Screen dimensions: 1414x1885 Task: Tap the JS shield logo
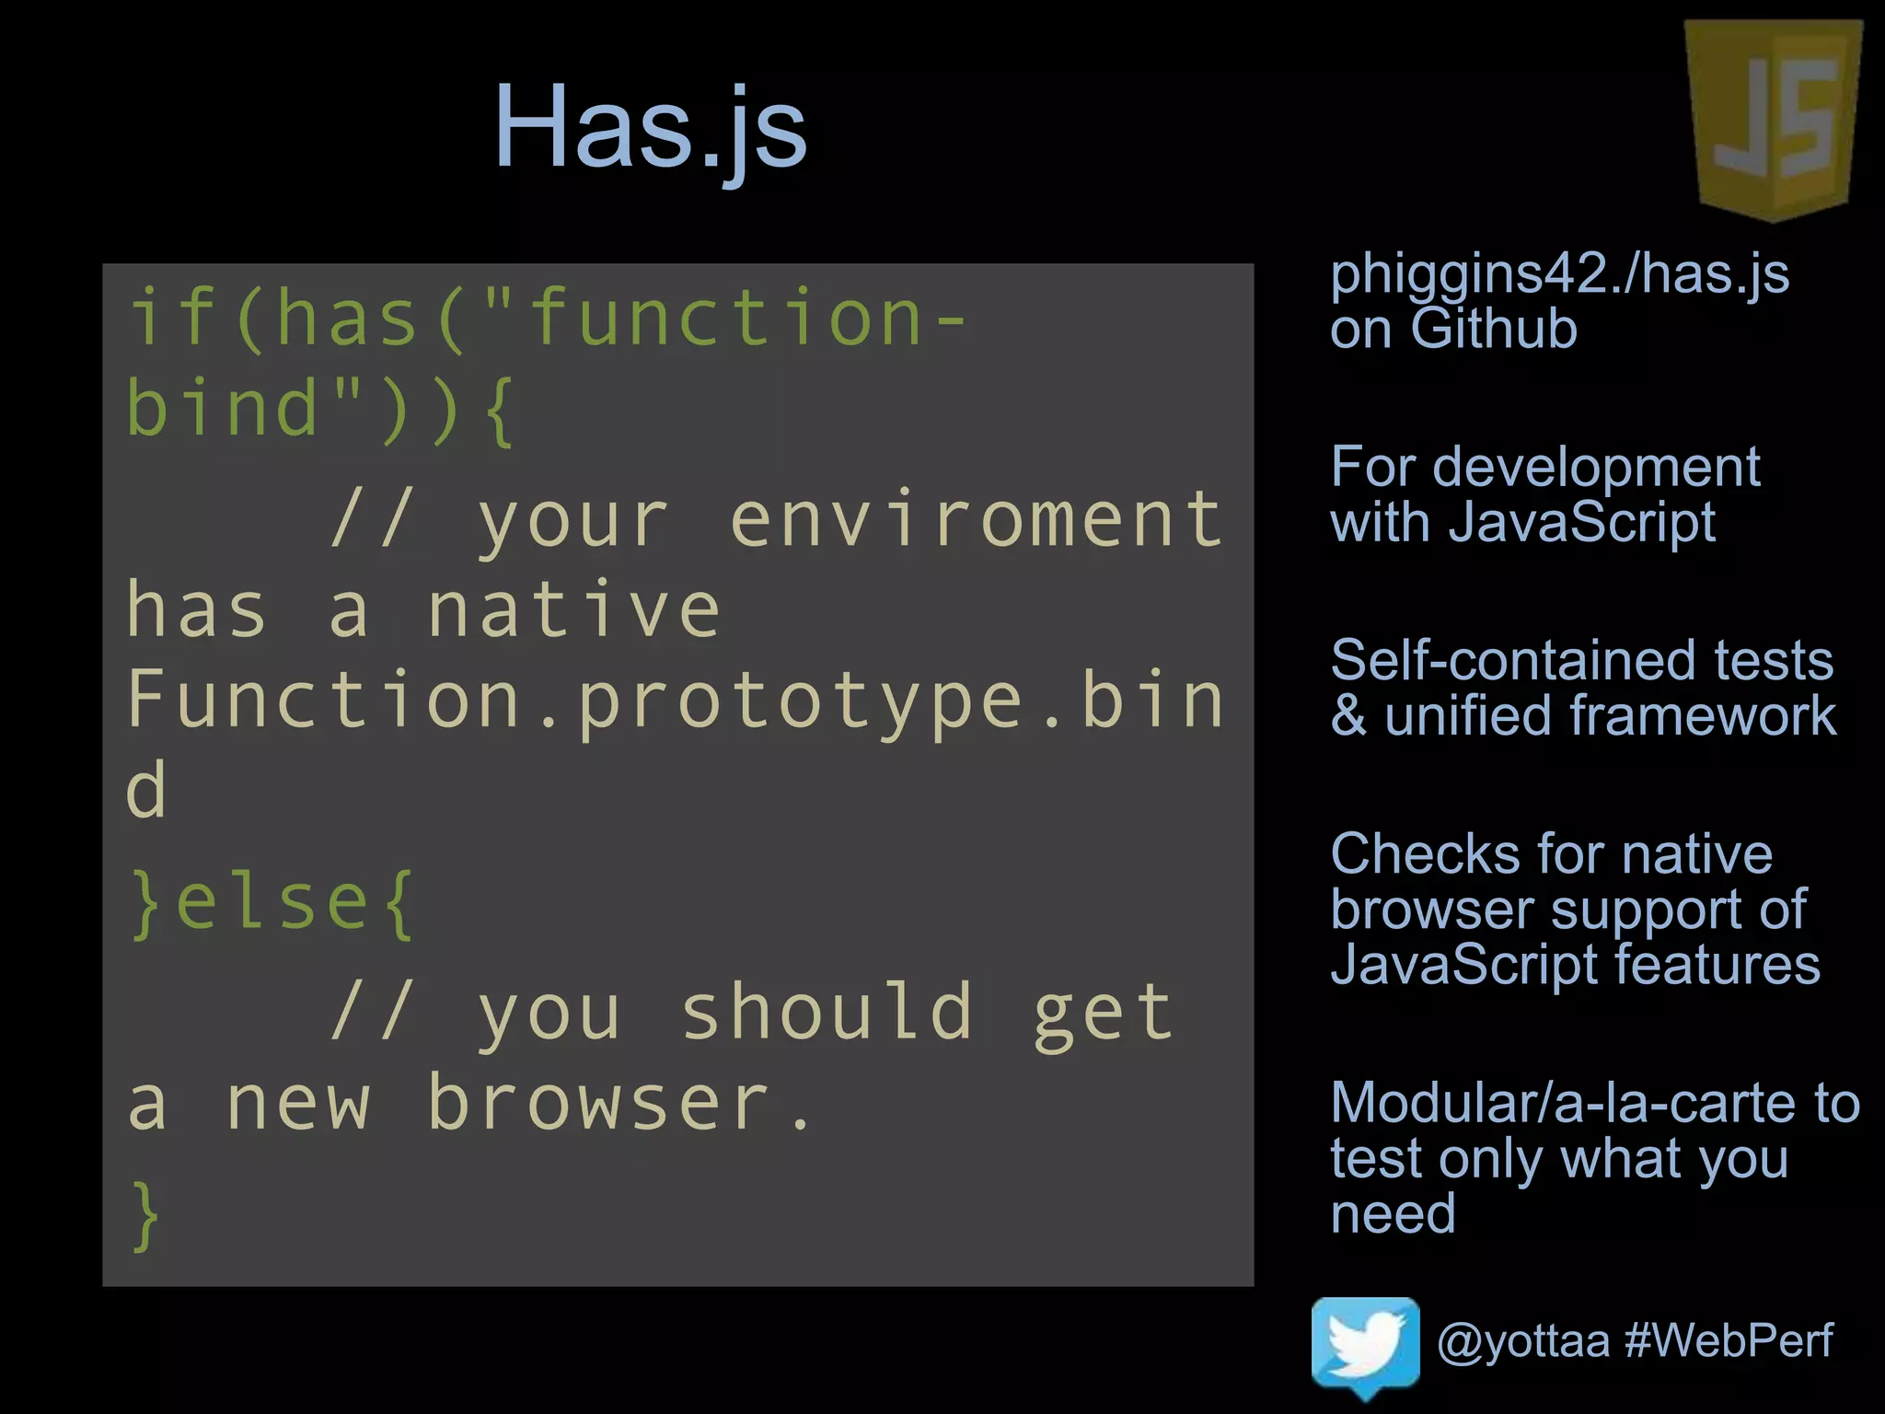click(1773, 120)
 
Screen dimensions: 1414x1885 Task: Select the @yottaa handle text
click(1523, 1340)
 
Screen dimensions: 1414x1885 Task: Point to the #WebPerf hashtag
click(1729, 1340)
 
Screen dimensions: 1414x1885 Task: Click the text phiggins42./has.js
click(1559, 274)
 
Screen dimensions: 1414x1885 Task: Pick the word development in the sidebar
click(1596, 467)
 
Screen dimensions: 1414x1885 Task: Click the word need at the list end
click(1393, 1212)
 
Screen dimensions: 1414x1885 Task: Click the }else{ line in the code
click(272, 904)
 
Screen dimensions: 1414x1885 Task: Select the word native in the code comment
click(572, 609)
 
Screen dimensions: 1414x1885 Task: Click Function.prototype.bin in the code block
click(675, 700)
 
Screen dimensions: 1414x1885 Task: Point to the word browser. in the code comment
click(620, 1103)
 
